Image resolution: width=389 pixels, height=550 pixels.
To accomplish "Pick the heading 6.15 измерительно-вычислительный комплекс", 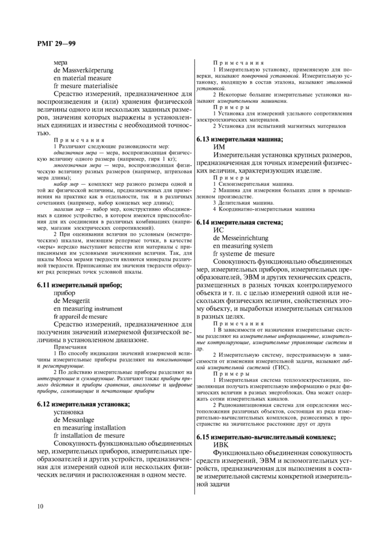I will coord(274,437).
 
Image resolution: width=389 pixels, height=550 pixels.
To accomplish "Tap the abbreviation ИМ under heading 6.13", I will coord(221,147).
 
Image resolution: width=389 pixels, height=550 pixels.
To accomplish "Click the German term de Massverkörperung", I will coord(83,70).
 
